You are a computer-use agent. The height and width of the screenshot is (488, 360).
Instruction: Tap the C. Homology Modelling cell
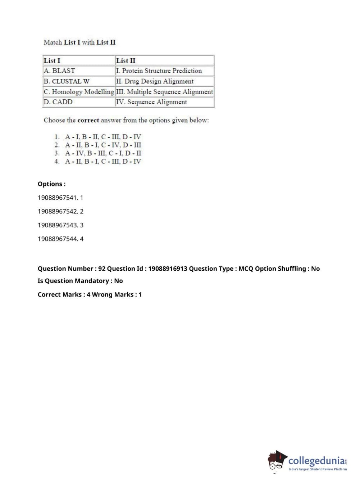[79, 92]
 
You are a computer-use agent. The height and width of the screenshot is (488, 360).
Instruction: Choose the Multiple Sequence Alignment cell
[164, 92]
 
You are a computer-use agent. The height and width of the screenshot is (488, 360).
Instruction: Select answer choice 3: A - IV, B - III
[103, 153]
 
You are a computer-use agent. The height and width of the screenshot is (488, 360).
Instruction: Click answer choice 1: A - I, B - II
[103, 137]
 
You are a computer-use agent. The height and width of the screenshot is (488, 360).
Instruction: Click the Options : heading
[52, 184]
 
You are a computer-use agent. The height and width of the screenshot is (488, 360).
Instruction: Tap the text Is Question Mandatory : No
[80, 281]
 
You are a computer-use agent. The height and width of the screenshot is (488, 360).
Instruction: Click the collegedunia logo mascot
[277, 461]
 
